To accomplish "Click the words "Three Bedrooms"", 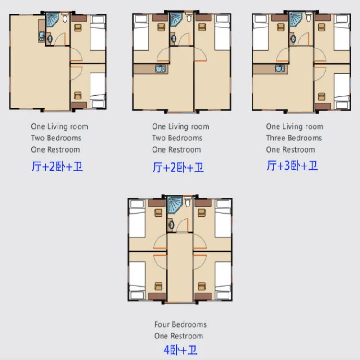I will tap(294, 138).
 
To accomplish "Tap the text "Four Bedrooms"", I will tap(180, 324).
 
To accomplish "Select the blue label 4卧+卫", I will tap(180, 349).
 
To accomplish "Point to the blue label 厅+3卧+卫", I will tap(292, 166).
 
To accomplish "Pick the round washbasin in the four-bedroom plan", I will tap(171, 224).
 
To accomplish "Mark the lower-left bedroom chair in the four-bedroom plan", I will tap(158, 286).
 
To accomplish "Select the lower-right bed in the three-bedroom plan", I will tap(342, 92).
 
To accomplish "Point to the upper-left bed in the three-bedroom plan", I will tap(261, 33).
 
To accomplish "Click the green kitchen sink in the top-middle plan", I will tap(160, 69).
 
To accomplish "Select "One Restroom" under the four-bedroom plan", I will tap(178, 336).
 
